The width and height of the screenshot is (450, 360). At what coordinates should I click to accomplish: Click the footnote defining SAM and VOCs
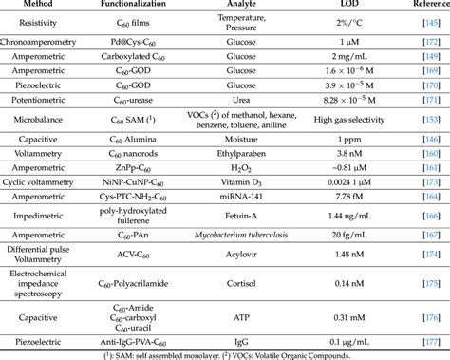(225, 353)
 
